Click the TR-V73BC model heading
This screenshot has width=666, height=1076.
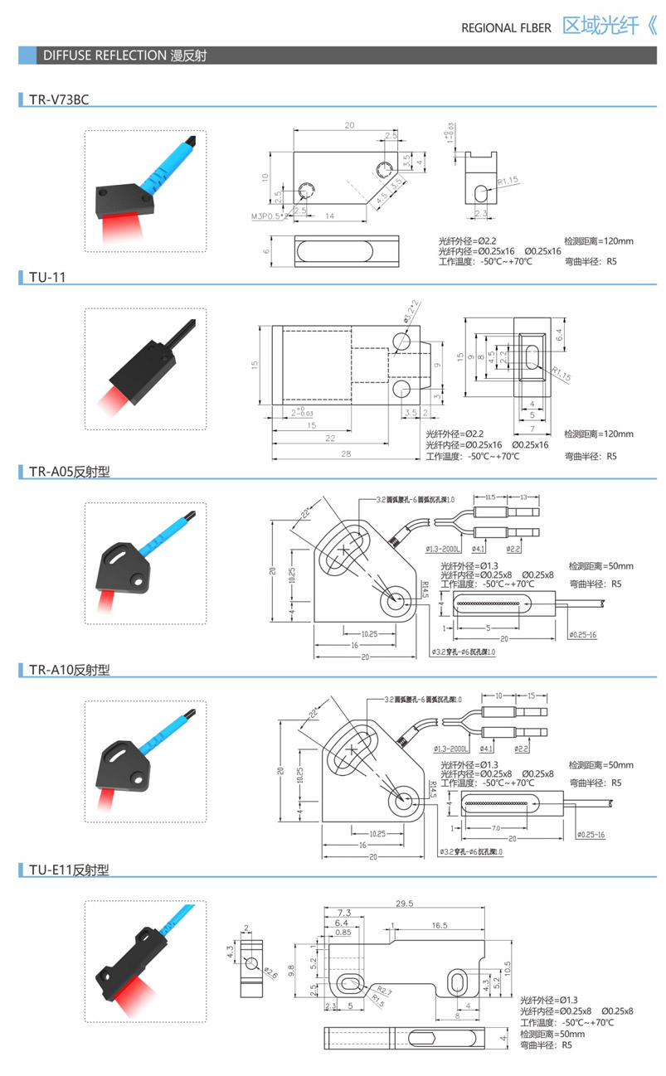[x=58, y=100]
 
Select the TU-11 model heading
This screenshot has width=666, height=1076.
[x=46, y=277]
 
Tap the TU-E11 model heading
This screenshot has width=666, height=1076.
[x=69, y=870]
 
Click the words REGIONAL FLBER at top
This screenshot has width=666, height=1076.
[x=506, y=27]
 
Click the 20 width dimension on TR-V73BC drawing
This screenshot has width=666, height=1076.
[x=349, y=125]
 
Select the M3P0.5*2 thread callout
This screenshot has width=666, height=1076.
[x=269, y=216]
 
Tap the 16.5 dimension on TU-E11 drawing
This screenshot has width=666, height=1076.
[x=439, y=924]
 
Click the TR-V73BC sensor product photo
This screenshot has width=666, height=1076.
[x=146, y=191]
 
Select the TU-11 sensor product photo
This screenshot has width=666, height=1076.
[x=146, y=369]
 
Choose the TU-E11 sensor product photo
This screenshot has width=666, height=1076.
[x=146, y=962]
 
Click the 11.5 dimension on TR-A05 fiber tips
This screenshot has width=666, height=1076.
[x=490, y=497]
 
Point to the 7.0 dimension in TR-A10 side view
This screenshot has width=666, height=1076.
[x=495, y=828]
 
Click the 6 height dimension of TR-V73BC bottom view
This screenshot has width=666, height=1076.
[x=267, y=251]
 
